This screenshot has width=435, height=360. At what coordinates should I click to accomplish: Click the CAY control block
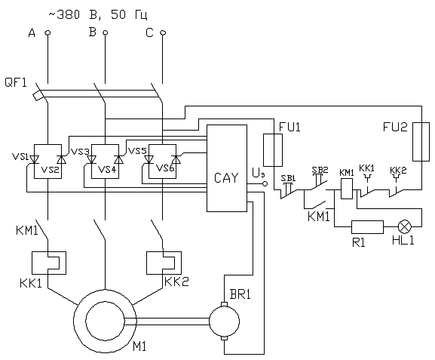click(x=227, y=168)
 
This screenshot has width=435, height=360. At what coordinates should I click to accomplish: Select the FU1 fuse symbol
click(x=273, y=150)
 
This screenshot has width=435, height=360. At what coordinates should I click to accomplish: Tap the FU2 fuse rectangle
click(x=421, y=141)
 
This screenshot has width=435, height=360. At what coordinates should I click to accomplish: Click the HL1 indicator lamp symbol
click(x=405, y=226)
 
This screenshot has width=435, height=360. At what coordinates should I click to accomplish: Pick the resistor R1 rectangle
click(x=368, y=227)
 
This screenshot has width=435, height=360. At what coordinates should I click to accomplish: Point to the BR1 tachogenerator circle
click(x=224, y=321)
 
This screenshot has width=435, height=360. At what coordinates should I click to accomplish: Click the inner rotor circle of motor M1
click(x=105, y=321)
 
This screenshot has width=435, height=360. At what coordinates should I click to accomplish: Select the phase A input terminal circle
click(x=47, y=32)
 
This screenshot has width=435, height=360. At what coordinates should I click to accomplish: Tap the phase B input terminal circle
click(x=105, y=32)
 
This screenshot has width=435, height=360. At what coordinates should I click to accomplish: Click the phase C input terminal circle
click(x=163, y=32)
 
